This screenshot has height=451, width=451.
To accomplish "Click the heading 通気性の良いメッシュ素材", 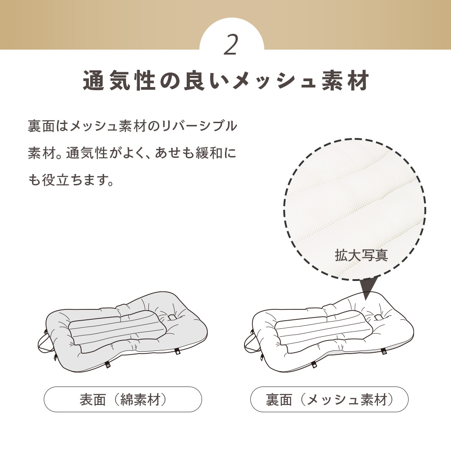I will click(x=226, y=82).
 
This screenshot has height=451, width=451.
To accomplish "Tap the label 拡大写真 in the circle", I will click(x=361, y=255).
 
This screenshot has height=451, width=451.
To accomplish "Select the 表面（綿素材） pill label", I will click(x=123, y=399).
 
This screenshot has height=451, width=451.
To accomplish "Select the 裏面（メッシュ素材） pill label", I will click(x=329, y=399).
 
